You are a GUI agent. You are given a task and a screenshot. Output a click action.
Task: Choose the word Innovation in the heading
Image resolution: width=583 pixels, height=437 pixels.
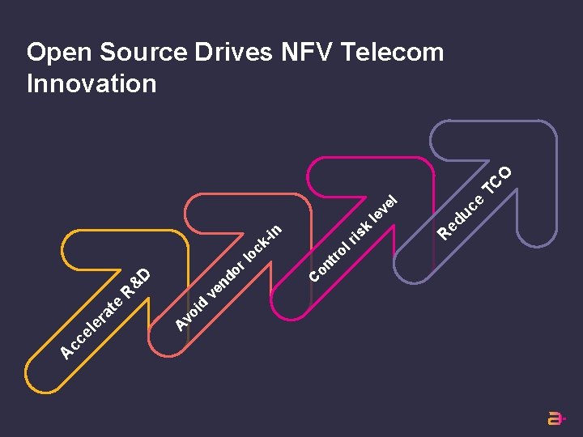[x=91, y=83]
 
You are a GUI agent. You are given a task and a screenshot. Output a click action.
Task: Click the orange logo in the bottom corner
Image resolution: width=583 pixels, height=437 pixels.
[x=556, y=418]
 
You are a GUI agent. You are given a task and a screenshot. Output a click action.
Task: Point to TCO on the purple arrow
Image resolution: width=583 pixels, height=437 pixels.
[x=499, y=180]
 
